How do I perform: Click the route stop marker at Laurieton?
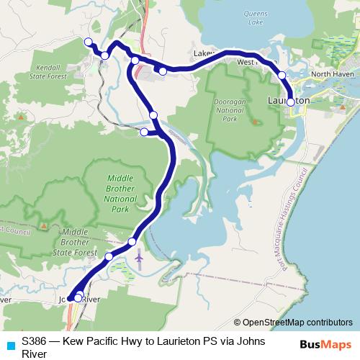(290, 102)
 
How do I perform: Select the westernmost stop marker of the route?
(88, 42)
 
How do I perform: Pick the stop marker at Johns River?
(78, 297)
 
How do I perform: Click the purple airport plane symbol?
(139, 256)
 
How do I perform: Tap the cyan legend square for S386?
(10, 345)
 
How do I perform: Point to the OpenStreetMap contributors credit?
(293, 322)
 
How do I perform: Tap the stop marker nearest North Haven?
(282, 75)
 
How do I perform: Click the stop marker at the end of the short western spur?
(144, 132)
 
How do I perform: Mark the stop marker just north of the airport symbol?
(132, 241)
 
